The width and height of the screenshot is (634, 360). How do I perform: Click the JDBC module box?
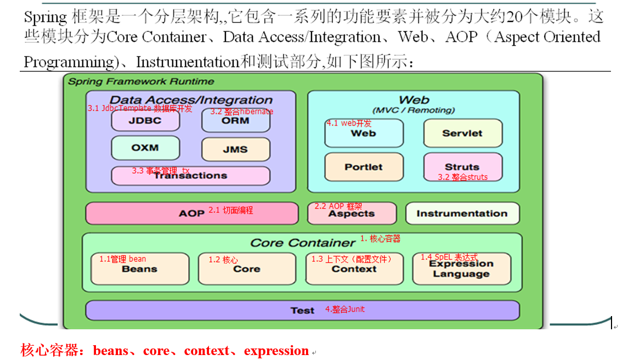(145, 121)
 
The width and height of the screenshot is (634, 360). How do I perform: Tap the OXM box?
(145, 148)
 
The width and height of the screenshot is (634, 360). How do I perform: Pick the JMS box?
(236, 149)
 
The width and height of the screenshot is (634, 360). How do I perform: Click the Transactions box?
(191, 176)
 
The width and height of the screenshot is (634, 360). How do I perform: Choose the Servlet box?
(462, 133)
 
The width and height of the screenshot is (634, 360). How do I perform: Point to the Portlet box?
(364, 167)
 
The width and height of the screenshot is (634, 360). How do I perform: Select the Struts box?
(462, 167)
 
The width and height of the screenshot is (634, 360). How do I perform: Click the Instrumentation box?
(462, 213)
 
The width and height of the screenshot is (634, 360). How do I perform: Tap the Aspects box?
(352, 213)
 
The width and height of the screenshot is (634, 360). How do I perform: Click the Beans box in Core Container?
(139, 269)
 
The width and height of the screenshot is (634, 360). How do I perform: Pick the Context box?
(354, 269)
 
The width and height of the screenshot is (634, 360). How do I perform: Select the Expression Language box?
(461, 269)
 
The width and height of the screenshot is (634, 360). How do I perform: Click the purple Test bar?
(302, 310)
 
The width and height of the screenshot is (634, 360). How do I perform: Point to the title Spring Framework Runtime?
(141, 81)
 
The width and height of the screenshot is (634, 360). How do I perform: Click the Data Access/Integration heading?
(195, 100)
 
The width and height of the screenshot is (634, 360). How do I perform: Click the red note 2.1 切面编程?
(231, 210)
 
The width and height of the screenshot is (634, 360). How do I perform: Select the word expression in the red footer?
(276, 351)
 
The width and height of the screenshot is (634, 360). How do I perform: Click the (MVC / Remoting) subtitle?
(414, 110)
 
